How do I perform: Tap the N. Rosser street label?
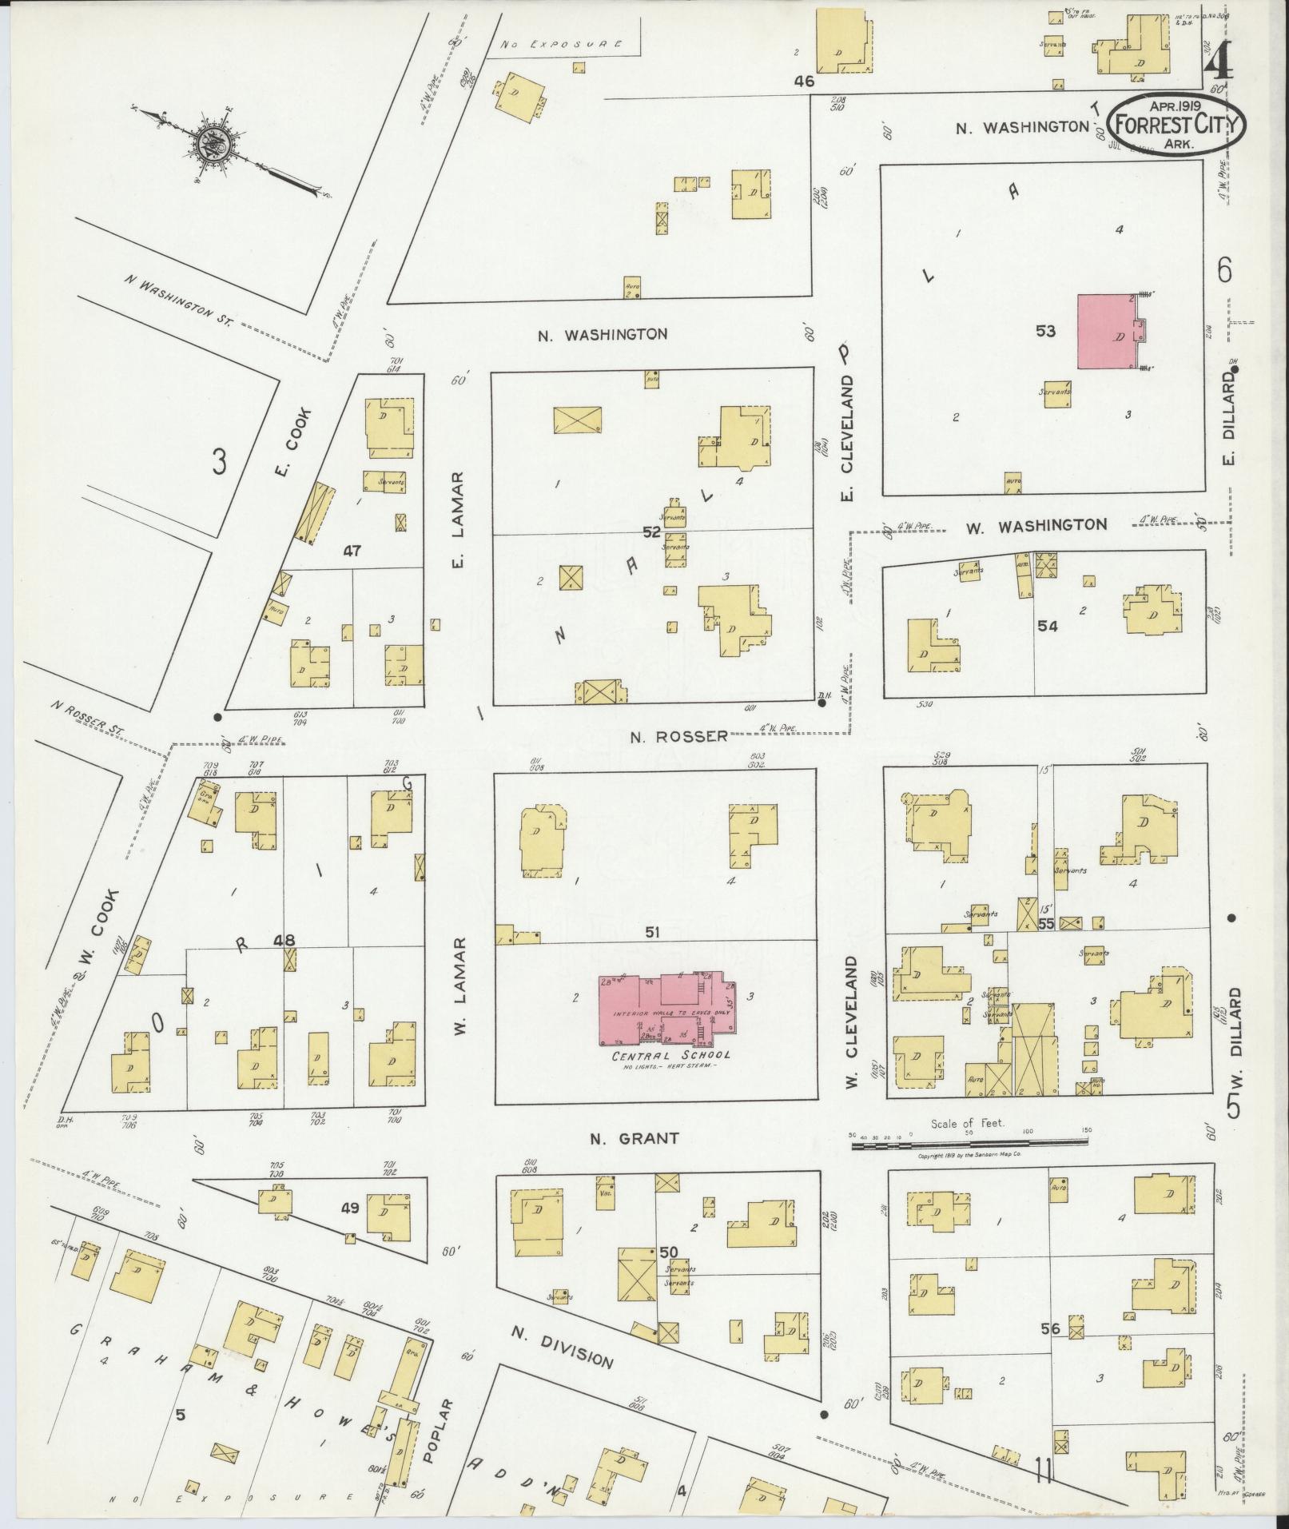[678, 735]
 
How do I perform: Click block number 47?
[352, 551]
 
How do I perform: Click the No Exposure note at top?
[560, 46]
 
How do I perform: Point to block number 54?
[1047, 627]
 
